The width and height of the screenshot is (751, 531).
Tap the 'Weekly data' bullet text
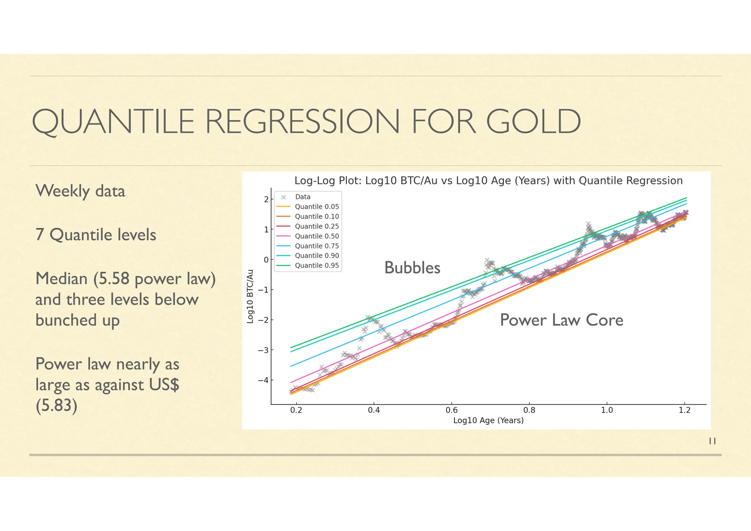80,191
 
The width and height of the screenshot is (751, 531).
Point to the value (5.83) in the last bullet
56,405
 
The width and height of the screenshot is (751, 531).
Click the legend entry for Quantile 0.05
316,207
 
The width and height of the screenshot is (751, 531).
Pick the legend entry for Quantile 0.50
316,236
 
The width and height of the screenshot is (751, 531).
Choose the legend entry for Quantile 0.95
316,265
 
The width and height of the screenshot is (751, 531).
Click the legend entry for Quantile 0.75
316,246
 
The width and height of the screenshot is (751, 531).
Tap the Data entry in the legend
303,197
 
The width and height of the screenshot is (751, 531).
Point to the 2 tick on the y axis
267,199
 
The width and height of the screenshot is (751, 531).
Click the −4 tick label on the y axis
263,380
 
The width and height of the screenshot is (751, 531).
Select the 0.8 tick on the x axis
529,410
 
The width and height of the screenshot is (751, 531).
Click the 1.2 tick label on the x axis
684,410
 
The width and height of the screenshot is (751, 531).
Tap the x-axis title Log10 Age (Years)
488,421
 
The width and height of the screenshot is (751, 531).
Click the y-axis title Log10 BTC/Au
250,297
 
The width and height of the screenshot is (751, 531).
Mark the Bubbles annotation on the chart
412,268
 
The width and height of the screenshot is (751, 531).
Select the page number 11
712,441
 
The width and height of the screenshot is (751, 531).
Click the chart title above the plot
488,181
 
